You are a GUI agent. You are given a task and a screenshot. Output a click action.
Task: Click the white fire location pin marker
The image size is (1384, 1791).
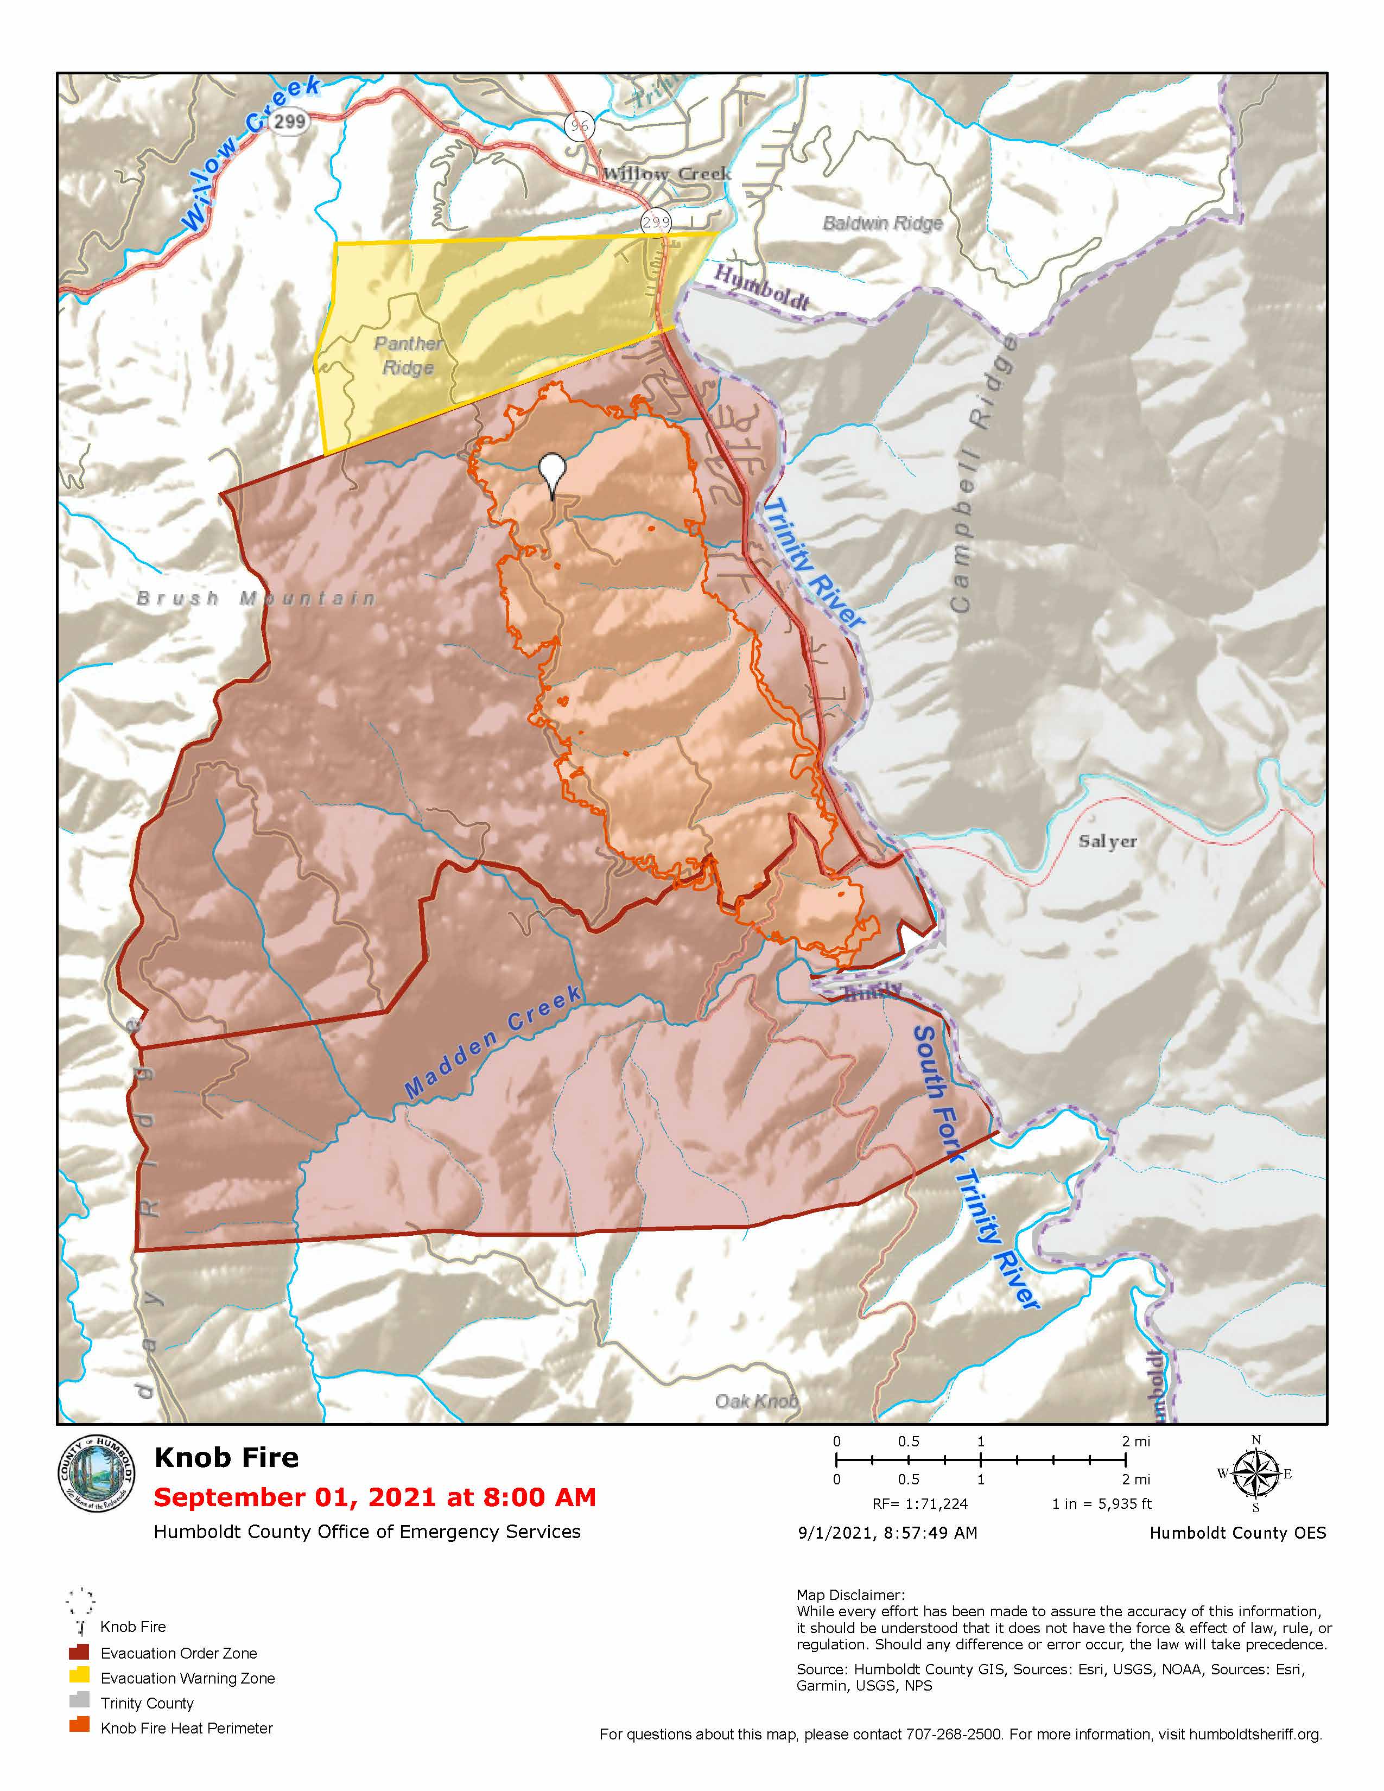pyautogui.click(x=553, y=472)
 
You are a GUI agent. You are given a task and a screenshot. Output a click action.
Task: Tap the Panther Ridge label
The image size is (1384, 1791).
pyautogui.click(x=408, y=355)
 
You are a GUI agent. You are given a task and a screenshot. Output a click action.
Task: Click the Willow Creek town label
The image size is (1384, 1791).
pyautogui.click(x=666, y=174)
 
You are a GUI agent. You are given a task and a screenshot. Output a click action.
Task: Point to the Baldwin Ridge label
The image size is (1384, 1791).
pyautogui.click(x=882, y=223)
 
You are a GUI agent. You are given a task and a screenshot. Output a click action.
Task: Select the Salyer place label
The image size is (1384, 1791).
pyautogui.click(x=1107, y=841)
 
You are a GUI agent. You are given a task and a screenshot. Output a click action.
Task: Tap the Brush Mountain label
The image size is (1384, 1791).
pyautogui.click(x=256, y=598)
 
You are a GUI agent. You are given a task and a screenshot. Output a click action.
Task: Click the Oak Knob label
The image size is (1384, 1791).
pyautogui.click(x=756, y=1401)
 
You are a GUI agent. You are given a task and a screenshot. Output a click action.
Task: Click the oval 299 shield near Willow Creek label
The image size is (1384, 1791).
pyautogui.click(x=289, y=122)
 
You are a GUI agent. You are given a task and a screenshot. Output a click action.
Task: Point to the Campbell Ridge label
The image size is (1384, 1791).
pyautogui.click(x=983, y=475)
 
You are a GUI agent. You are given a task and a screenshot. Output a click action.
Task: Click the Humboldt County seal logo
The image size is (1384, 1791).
pyautogui.click(x=96, y=1475)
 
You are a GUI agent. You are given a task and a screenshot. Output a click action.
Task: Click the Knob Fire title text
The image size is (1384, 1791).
pyautogui.click(x=226, y=1457)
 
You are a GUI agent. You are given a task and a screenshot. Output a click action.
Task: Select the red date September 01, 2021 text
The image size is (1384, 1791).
pyautogui.click(x=374, y=1497)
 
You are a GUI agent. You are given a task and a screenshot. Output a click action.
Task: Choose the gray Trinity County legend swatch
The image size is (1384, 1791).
pyautogui.click(x=80, y=1699)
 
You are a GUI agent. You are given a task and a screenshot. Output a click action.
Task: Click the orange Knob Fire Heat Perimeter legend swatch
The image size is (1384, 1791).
pyautogui.click(x=80, y=1725)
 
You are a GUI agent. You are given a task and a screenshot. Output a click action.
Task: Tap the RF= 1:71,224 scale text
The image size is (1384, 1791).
pyautogui.click(x=920, y=1504)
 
